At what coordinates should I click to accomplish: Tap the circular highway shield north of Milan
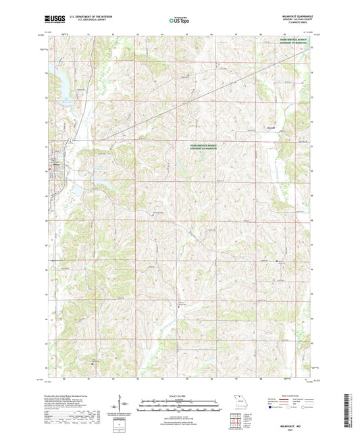coord(70,140)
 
